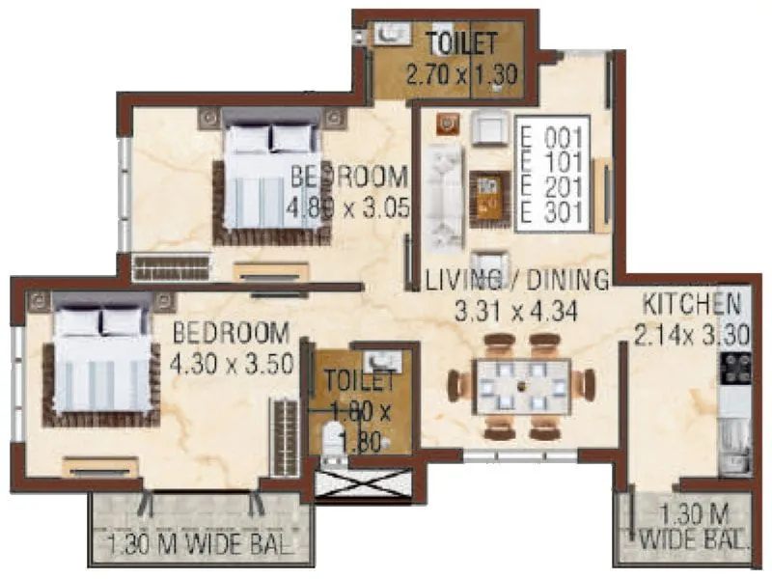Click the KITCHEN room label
click(x=691, y=303)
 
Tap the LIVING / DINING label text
click(x=517, y=280)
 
